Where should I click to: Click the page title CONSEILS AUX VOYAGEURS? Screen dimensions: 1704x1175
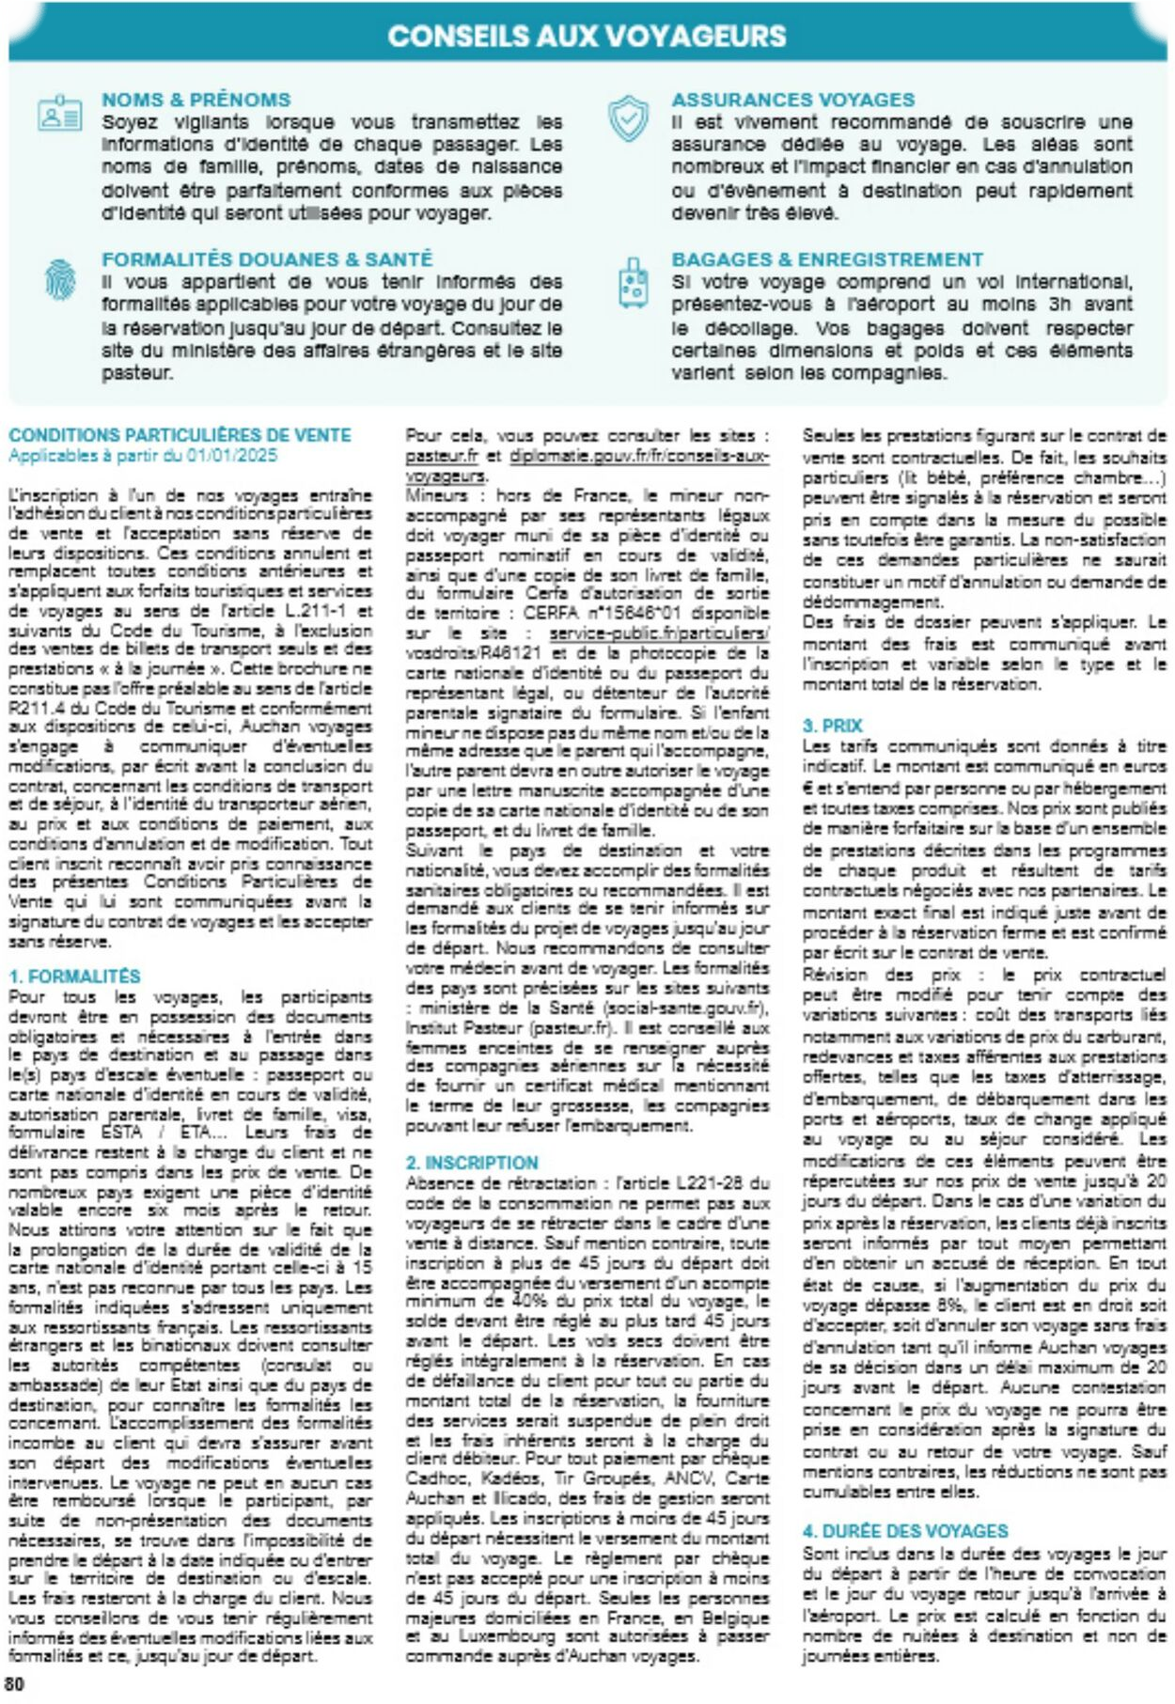coord(587,36)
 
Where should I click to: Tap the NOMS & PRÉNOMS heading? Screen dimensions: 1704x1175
coord(196,100)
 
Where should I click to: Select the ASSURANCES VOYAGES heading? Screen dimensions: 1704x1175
coord(792,100)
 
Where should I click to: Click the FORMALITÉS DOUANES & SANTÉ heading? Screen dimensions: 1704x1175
coord(267,259)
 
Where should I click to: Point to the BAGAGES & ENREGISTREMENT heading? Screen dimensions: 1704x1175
coord(827,259)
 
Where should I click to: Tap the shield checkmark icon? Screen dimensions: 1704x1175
coord(628,119)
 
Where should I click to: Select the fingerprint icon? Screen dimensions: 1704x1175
coord(60,279)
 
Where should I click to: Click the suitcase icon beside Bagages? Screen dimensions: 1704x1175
coord(634,283)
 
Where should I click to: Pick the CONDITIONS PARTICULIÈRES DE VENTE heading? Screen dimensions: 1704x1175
coord(180,435)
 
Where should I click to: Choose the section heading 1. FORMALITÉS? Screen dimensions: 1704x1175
coord(74,977)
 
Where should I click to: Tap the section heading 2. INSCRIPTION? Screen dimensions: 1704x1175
coord(472,1163)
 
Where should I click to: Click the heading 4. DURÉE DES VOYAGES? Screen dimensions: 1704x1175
coord(904,1531)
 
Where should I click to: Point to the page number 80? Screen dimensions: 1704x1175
coord(15,1683)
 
